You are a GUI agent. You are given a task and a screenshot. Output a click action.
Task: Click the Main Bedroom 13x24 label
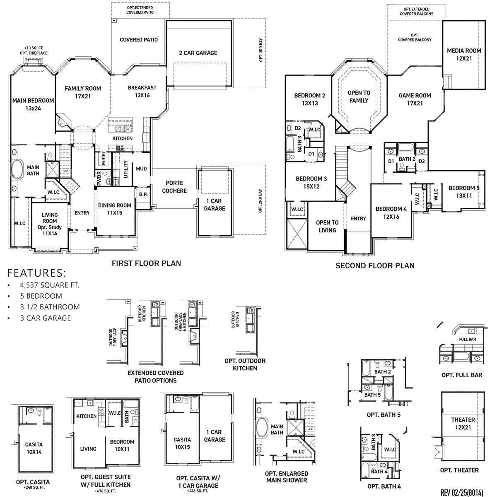tap(33, 104)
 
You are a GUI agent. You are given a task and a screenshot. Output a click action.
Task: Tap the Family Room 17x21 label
tap(83, 92)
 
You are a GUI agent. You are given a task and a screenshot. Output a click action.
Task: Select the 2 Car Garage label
tap(198, 53)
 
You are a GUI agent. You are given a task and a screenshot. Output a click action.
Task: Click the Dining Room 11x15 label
tap(114, 209)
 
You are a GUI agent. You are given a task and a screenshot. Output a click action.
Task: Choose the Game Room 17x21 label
tap(415, 99)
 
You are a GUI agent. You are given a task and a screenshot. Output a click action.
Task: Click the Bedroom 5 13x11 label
tap(464, 191)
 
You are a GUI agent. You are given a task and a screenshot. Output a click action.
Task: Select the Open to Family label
tap(359, 97)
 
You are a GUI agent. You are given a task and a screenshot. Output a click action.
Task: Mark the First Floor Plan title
tap(146, 263)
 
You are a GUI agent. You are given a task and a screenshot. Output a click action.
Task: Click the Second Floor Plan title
tap(375, 265)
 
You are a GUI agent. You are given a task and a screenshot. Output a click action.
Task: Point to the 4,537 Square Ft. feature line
tap(49, 285)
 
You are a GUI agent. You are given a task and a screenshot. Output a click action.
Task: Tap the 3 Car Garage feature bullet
tap(45, 318)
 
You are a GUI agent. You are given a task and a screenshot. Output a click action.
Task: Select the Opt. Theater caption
tap(459, 470)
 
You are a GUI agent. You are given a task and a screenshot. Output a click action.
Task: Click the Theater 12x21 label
tap(463, 423)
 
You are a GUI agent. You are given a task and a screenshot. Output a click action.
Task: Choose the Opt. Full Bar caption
tap(462, 375)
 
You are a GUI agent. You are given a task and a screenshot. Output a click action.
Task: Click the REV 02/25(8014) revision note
tap(462, 492)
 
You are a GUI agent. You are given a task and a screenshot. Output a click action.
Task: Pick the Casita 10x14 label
tap(34, 448)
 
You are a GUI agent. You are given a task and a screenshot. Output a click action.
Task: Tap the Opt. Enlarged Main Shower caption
tap(286, 477)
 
